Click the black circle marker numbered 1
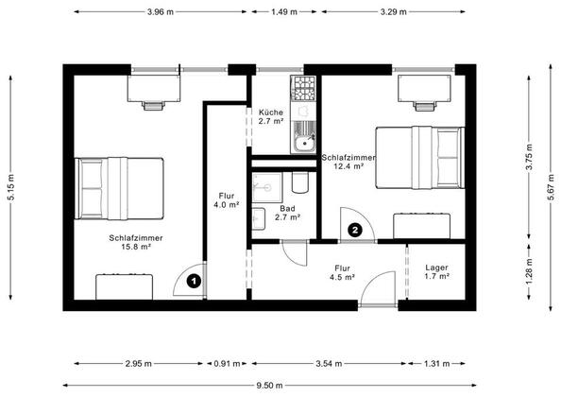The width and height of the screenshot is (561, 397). tap(194, 282)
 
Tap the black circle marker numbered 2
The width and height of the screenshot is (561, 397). tap(355, 230)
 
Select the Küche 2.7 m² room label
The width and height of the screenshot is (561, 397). tap(271, 116)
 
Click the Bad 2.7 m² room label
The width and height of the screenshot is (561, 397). tap(287, 213)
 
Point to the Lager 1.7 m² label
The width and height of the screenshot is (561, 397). tap(437, 271)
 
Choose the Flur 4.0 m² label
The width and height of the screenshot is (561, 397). tap(227, 200)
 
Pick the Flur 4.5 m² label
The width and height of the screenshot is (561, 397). tap(343, 272)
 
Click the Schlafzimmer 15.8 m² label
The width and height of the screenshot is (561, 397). tap(136, 242)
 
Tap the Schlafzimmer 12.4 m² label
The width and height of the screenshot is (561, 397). tap(348, 162)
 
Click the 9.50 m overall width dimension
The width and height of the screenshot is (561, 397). tap(269, 386)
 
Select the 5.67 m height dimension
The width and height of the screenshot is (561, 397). tap(552, 188)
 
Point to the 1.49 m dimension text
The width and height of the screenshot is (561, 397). tap(284, 11)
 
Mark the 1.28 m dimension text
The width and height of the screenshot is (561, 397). tap(530, 272)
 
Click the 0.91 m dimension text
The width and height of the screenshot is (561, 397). tap(227, 364)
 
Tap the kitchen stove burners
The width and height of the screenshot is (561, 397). tap(303, 88)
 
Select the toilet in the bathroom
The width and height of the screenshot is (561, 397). tap(299, 182)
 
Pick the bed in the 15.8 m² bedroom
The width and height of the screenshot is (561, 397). tap(119, 188)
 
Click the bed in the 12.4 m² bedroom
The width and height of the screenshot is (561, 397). tap(420, 158)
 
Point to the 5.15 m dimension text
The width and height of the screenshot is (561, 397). tap(11, 187)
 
